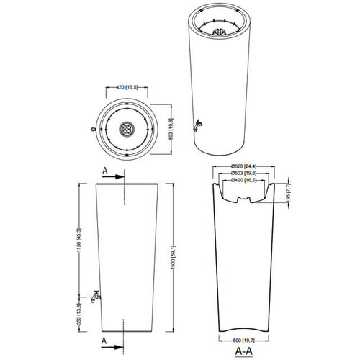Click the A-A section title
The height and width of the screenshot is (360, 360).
[243, 351]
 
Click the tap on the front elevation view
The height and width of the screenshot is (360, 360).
[94, 294]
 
